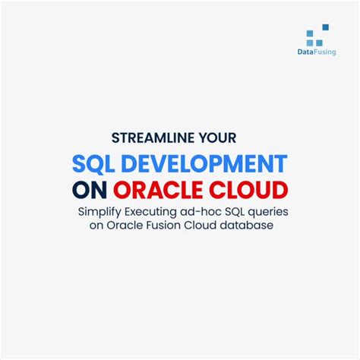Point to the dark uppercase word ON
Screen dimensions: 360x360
(x=90, y=188)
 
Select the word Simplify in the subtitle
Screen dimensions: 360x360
(x=100, y=210)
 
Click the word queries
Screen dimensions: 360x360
(x=275, y=210)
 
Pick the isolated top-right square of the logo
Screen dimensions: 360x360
(x=326, y=27)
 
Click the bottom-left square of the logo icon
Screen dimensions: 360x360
(x=309, y=42)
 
